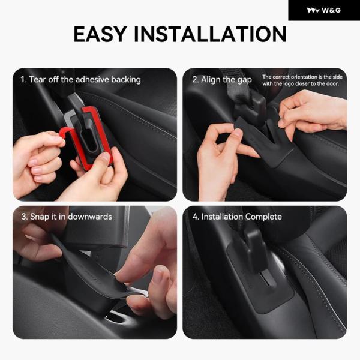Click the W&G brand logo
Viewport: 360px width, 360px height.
324,10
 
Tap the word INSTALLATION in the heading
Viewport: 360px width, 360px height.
210,34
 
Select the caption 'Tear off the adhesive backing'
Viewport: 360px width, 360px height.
85,79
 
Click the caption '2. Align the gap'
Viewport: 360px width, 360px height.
222,80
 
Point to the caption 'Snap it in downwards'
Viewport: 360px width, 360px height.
71,217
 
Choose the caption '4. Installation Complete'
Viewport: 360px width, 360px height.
237,217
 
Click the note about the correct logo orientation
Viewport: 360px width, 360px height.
302,80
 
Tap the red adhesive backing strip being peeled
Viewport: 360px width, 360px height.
67,138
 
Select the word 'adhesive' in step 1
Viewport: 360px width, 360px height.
92,79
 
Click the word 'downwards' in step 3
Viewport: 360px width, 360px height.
90,217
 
